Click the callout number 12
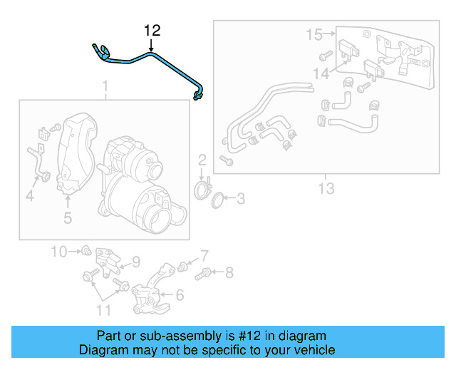[152, 31]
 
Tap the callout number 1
[105, 88]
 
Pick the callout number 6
[180, 294]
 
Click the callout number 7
[204, 255]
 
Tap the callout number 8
[229, 272]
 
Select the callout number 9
[135, 261]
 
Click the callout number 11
[104, 309]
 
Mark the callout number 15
[314, 34]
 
